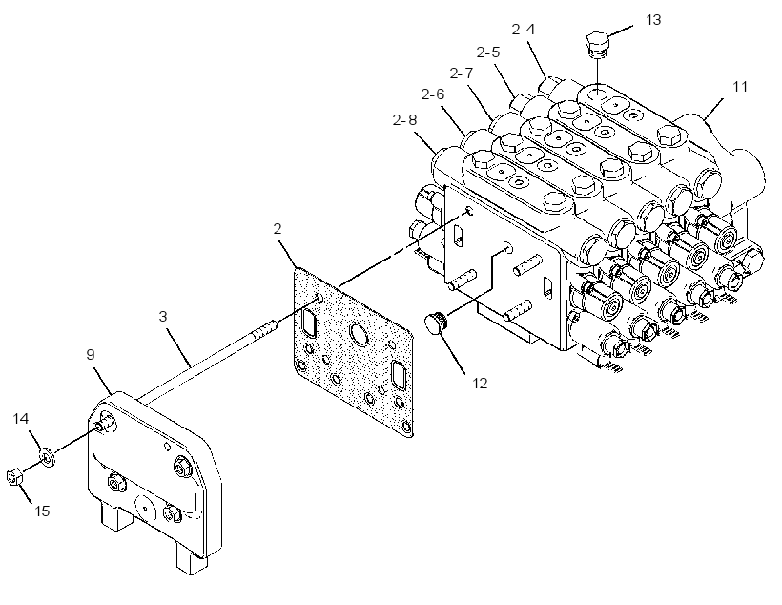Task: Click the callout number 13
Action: tap(653, 20)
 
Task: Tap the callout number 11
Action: tap(740, 87)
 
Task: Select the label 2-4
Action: tap(524, 30)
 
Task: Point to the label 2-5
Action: tap(487, 52)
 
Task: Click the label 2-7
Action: tap(461, 73)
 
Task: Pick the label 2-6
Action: tap(432, 94)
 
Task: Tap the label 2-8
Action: tap(404, 120)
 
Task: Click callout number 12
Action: tap(480, 384)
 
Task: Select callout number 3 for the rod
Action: tap(163, 317)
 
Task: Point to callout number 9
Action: tap(91, 354)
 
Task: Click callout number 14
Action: tap(20, 418)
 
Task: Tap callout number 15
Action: tap(42, 511)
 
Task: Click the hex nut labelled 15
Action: tap(14, 477)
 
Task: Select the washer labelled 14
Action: tap(48, 457)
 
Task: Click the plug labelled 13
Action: tap(596, 44)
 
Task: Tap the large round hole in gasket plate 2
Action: tap(360, 334)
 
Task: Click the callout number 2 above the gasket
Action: tap(278, 229)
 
